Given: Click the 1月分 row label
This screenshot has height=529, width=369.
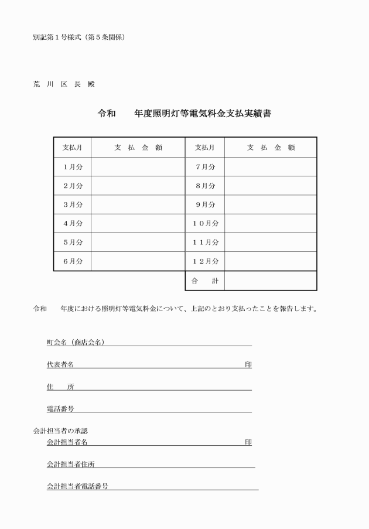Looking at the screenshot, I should coord(73,167).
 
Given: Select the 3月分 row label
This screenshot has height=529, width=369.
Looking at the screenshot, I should coord(73,204).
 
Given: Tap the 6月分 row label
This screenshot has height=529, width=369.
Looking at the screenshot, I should coord(73,261).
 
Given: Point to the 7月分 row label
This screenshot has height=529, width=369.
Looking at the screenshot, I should coord(205,167).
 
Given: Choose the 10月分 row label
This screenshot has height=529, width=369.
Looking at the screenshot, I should coord(205,223).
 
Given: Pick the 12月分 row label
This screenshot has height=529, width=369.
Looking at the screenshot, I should coord(205,261).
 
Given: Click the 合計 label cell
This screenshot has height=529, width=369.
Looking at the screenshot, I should coord(205,281).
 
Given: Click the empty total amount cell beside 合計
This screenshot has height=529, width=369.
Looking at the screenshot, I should coord(270,281).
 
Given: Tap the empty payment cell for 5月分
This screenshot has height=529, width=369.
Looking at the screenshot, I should coord(138,243).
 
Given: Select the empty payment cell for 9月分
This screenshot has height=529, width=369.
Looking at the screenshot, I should coord(270,204).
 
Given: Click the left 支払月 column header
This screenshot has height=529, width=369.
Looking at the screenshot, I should coord(73,148).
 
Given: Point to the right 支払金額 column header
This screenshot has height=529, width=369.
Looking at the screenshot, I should coord(270,148).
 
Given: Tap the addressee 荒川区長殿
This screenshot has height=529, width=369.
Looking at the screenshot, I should coord(64,84).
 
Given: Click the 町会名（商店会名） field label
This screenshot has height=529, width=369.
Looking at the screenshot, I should coord(76,342).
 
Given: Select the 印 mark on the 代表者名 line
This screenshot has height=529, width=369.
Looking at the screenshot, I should coord(248,364).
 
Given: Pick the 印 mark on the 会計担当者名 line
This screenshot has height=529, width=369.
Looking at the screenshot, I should coord(248,442).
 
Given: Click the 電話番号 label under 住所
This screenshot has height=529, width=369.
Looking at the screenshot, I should coord(60,408).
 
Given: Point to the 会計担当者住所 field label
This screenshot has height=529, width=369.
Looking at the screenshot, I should coord(71,464).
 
